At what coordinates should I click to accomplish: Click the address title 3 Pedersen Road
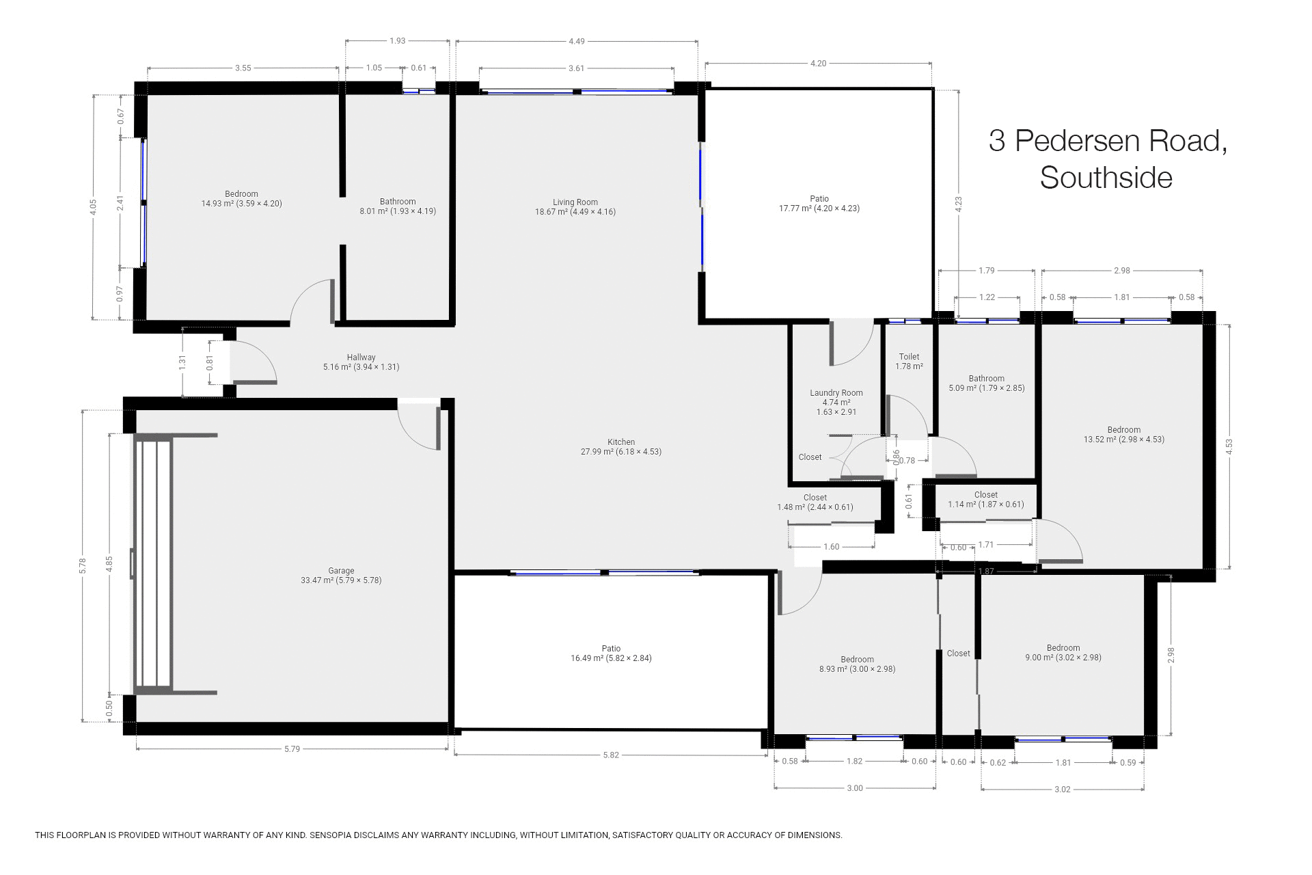click(1107, 141)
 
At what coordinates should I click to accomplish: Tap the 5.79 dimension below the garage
click(292, 749)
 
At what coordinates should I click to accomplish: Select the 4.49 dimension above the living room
click(576, 41)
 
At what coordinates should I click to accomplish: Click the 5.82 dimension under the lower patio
click(611, 755)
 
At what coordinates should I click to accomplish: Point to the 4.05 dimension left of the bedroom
click(94, 207)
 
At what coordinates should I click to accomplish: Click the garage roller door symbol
click(154, 564)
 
